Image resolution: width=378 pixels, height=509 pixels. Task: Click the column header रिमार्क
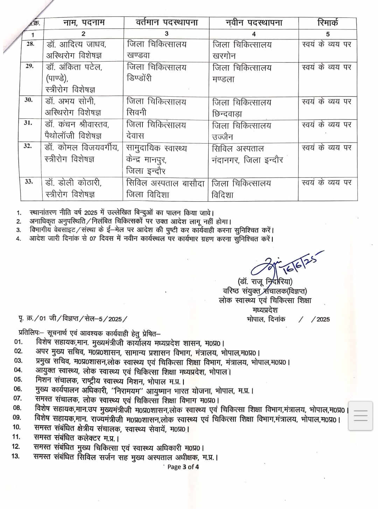[x=328, y=23]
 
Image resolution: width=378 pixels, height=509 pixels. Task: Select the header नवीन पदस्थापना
[x=254, y=23]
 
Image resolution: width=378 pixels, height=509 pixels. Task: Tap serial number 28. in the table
[x=30, y=44]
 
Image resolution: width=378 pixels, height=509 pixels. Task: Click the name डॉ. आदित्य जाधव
[x=76, y=44]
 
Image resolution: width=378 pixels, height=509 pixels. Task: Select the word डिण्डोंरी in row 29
[x=139, y=78]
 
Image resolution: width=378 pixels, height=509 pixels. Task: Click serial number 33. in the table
[x=29, y=181]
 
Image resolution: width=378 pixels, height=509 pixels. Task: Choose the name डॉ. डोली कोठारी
[x=73, y=183]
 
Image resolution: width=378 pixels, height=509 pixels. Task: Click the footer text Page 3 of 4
[x=183, y=467]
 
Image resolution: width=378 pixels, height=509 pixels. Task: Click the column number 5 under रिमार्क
[x=328, y=34]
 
